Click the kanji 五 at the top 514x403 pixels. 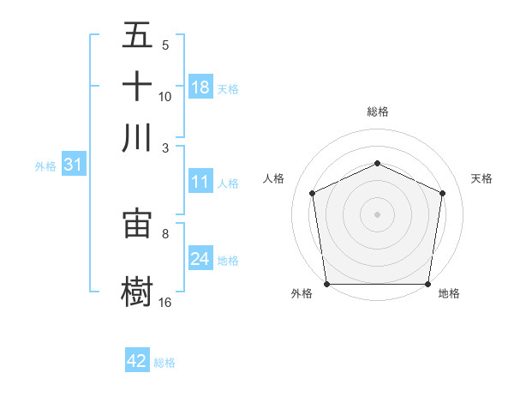(138, 36)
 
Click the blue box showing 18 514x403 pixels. (200, 87)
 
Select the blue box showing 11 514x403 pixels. (200, 182)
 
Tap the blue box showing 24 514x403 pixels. (200, 259)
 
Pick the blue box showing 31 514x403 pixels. (73, 165)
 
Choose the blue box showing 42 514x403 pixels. (137, 361)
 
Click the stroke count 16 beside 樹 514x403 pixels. (165, 302)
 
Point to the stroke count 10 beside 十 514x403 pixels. (165, 96)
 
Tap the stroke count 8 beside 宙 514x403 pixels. (165, 232)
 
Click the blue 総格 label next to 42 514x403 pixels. (164, 362)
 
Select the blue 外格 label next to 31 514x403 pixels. (45, 165)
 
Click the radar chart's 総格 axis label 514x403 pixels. (377, 111)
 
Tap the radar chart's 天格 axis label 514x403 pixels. (481, 178)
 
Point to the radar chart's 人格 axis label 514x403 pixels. (273, 178)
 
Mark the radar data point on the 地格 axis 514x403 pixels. (427, 284)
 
